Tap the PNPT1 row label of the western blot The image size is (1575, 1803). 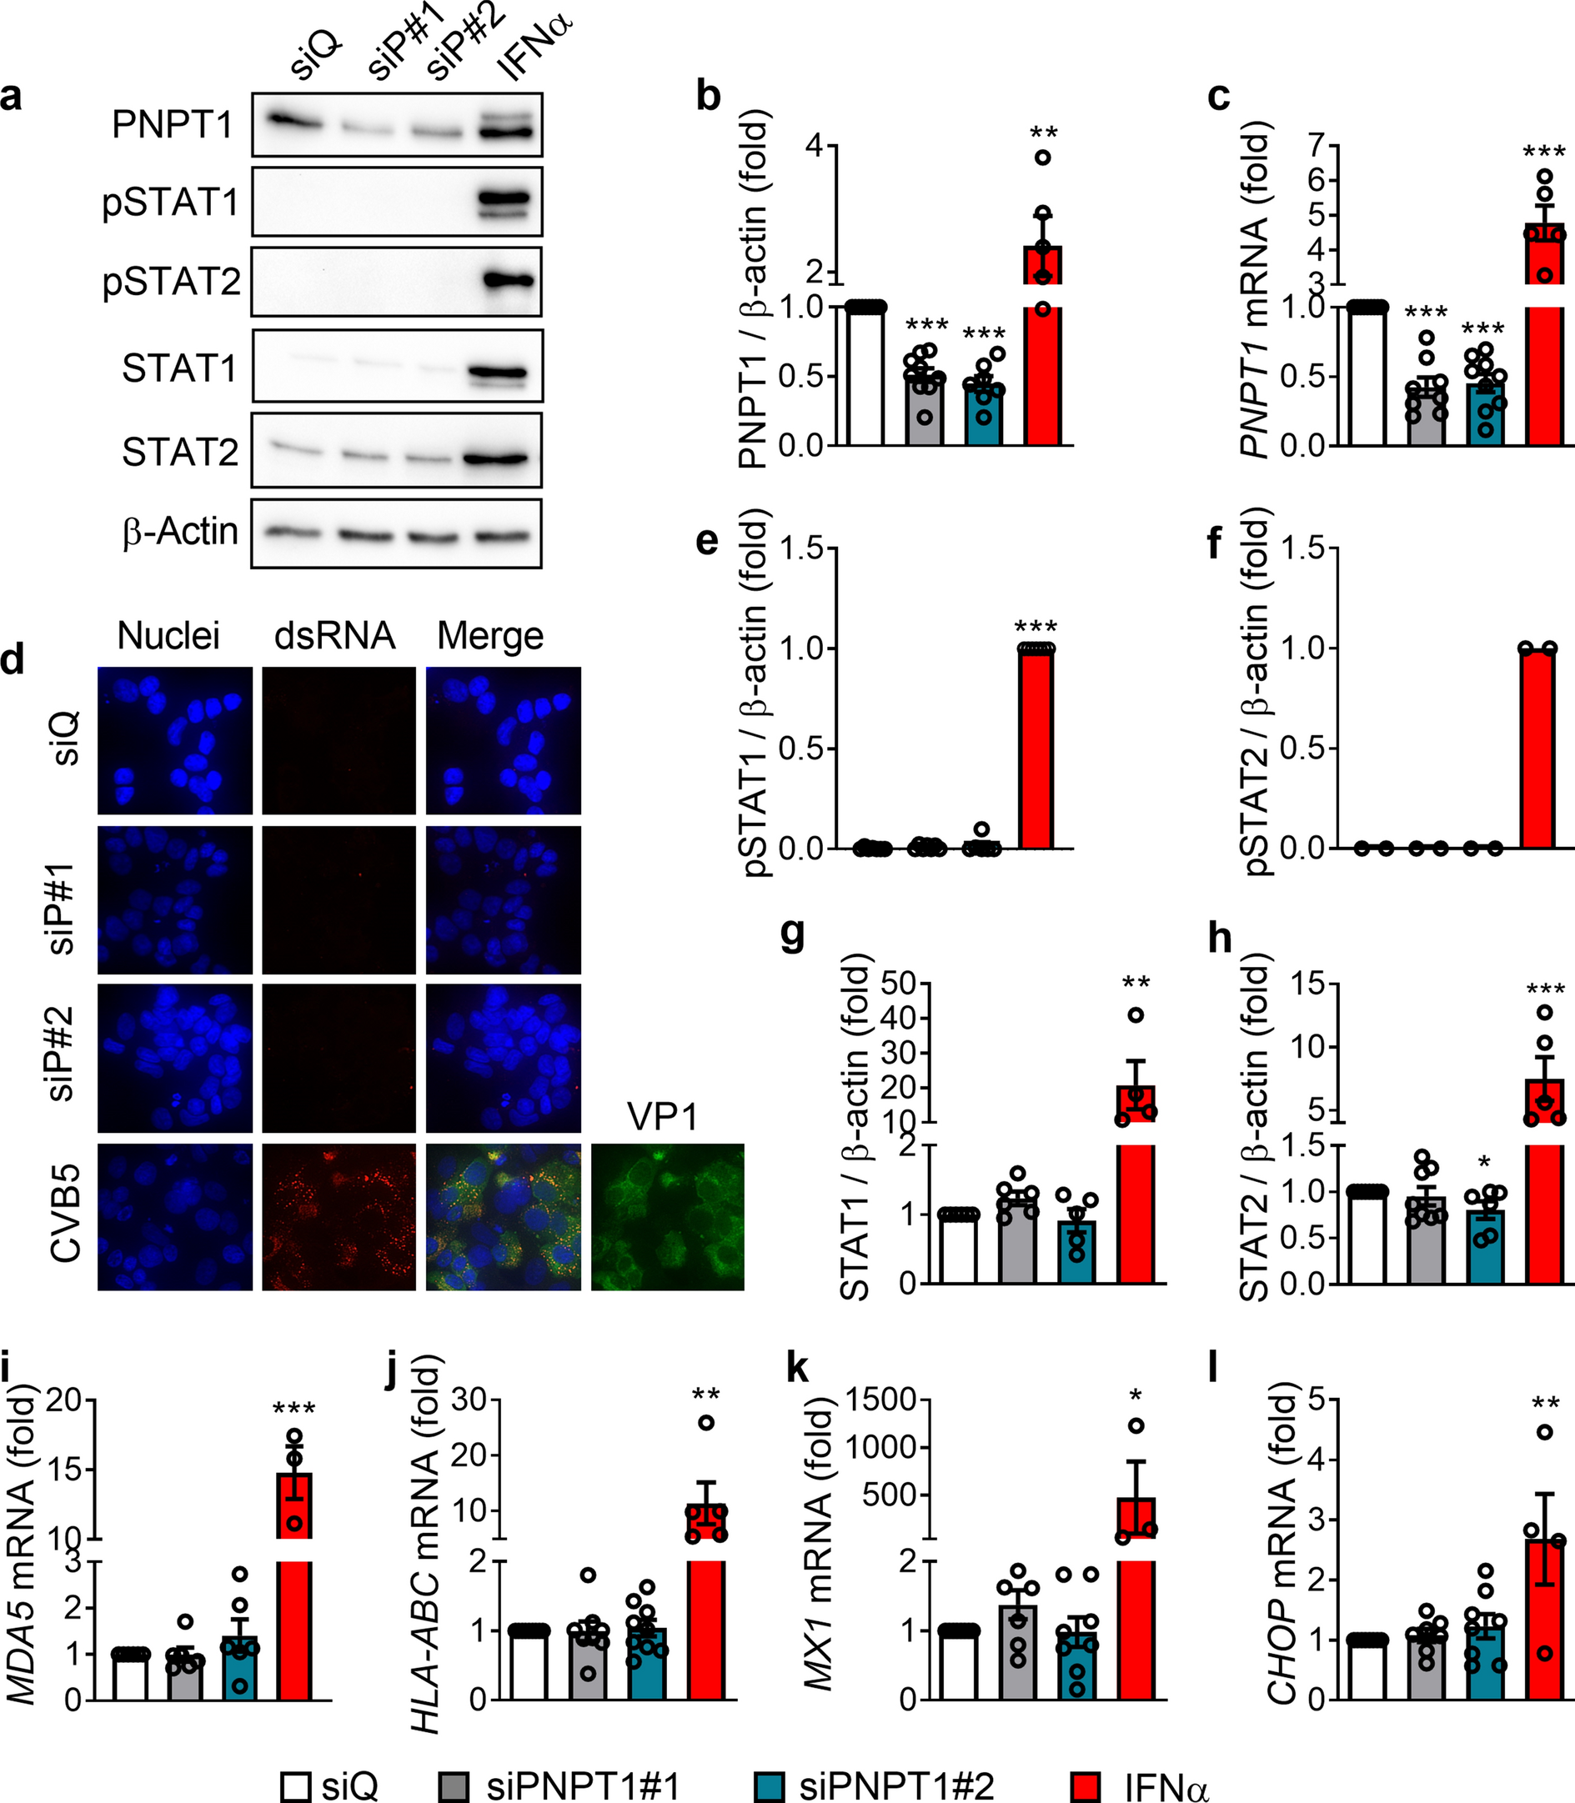(173, 126)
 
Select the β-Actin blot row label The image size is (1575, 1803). (180, 532)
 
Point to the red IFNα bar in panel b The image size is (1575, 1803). (1043, 352)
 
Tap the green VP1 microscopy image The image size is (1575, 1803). (667, 1217)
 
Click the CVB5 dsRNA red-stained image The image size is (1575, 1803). (339, 1217)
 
